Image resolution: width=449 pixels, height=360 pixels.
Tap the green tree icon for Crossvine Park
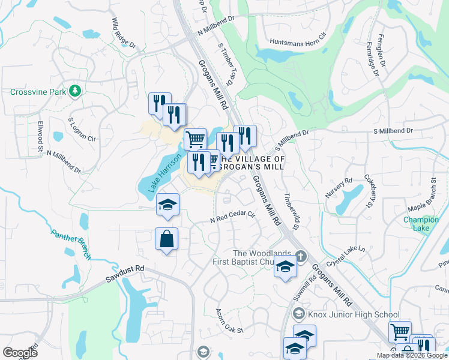coord(75,91)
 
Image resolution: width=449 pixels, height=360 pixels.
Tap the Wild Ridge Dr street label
coord(124,34)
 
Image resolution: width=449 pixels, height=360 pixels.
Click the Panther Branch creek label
coord(71,245)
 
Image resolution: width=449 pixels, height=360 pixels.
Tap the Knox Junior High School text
coord(354,314)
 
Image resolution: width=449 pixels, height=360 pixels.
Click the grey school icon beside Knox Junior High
coord(298,314)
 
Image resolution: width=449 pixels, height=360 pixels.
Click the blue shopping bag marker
coord(166,239)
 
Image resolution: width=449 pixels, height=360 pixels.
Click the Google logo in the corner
coord(20,353)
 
